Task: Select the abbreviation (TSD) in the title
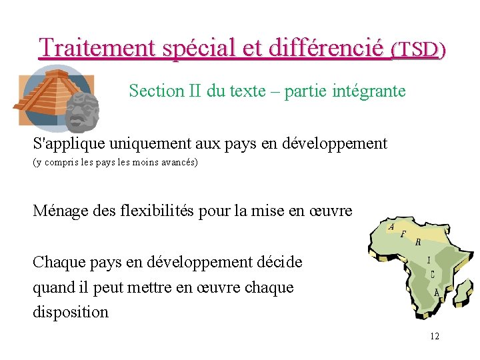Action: [418, 49]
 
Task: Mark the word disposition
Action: [71, 312]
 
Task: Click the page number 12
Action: [434, 336]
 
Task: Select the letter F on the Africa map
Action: [403, 235]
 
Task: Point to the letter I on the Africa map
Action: [429, 260]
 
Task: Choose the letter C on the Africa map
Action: [433, 275]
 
